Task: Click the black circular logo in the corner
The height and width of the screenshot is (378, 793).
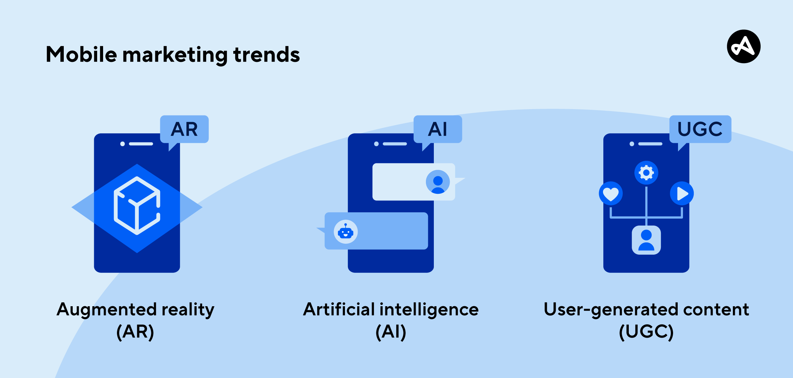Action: [744, 46]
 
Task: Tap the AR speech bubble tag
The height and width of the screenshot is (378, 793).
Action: [184, 130]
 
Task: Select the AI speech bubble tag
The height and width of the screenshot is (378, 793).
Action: [438, 130]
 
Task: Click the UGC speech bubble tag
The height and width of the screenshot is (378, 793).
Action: [700, 130]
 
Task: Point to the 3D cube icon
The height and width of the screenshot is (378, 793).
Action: [137, 206]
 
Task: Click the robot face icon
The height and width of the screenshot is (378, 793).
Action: [346, 232]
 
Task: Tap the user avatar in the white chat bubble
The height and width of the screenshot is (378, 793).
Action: [438, 182]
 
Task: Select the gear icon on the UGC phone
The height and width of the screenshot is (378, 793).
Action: [646, 173]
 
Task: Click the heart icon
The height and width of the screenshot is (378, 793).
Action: [611, 193]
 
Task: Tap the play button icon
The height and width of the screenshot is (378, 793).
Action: [682, 193]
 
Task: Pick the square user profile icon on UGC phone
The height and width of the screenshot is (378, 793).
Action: [646, 240]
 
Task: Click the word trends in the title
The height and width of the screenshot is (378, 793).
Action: [267, 55]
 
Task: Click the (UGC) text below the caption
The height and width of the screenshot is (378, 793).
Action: [646, 332]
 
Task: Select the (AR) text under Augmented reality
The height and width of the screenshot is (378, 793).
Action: [135, 332]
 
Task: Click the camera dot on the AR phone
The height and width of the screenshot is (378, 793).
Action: [123, 144]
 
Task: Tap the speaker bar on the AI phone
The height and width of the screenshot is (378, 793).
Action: [395, 144]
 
